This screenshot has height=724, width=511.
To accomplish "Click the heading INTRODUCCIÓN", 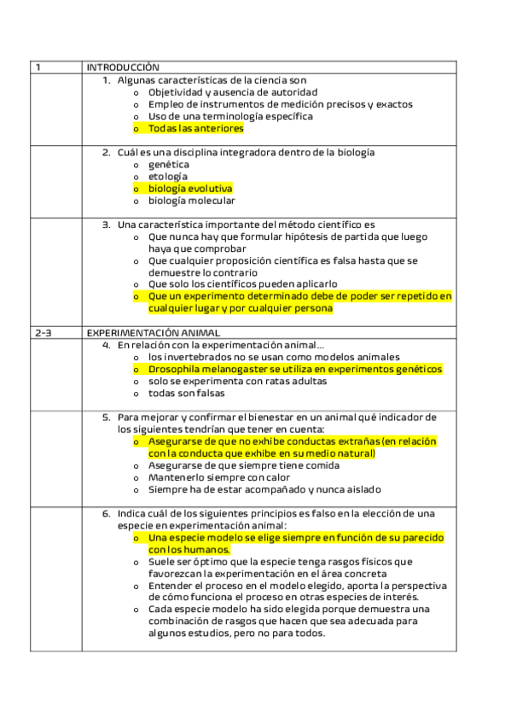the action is (x=123, y=67).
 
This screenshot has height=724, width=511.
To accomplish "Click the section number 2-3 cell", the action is (x=43, y=333).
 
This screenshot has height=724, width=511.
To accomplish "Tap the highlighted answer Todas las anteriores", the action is (x=195, y=128).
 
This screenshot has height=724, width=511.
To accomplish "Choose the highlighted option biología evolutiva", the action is (x=189, y=189).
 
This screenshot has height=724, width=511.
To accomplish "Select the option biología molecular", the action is (x=191, y=201).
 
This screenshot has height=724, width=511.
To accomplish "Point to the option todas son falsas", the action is (x=186, y=394).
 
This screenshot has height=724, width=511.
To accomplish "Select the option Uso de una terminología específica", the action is (x=230, y=116).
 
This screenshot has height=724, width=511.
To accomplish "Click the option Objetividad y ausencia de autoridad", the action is (x=232, y=91).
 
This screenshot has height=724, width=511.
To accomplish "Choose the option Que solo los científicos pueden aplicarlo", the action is (x=243, y=284).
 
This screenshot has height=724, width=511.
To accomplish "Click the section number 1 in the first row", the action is (x=38, y=67).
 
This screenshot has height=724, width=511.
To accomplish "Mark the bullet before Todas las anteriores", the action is (x=135, y=129).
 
